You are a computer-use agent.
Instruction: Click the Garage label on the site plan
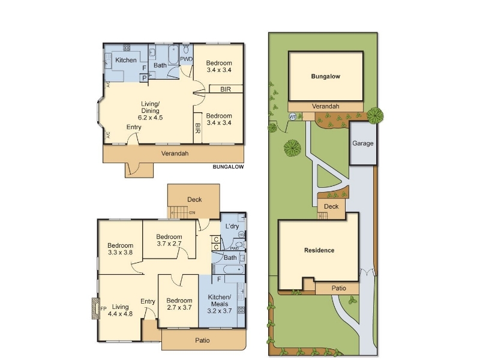[363, 143]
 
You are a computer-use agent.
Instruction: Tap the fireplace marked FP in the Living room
[95, 308]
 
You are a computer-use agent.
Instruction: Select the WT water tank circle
[293, 116]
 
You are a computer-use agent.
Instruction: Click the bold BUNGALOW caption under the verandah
[229, 167]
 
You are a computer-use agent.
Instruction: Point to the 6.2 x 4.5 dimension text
[151, 118]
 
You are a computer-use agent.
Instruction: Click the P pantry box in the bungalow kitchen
[144, 79]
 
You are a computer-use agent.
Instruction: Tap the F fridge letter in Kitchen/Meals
[219, 279]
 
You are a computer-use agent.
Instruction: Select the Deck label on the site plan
[331, 206]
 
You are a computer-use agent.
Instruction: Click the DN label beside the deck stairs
[192, 213]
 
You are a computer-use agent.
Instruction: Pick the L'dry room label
[232, 226]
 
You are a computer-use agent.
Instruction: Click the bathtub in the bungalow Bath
[173, 55]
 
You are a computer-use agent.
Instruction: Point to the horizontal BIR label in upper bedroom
[226, 89]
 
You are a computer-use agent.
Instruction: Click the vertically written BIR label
[197, 128]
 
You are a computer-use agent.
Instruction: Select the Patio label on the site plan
[339, 288]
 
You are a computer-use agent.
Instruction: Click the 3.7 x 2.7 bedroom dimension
[169, 244]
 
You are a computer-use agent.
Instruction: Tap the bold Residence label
[319, 250]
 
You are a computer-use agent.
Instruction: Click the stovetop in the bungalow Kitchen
[127, 47]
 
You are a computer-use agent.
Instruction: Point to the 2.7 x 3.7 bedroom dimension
[179, 307]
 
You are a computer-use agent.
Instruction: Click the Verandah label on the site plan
[325, 106]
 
